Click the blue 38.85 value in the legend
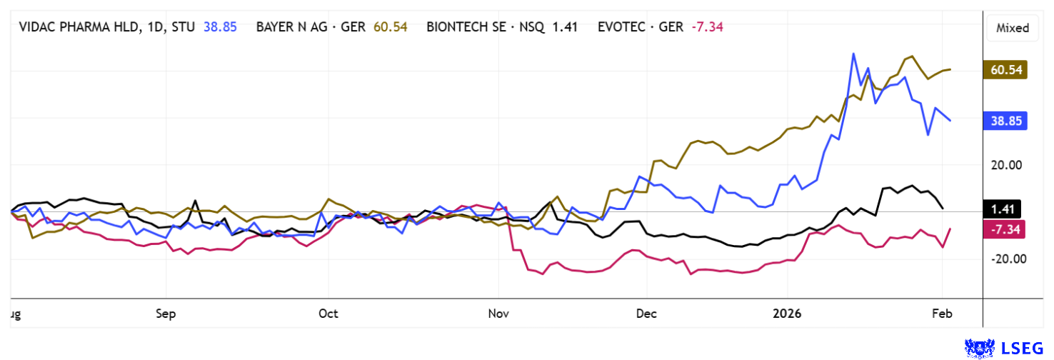[x=220, y=28]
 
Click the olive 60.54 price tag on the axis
[x=1008, y=69]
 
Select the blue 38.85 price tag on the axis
[x=1008, y=121]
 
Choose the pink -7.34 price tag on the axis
[x=1006, y=229]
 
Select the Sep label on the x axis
[x=166, y=314]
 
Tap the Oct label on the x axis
[x=328, y=314]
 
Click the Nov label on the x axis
[x=499, y=314]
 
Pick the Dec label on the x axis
[x=646, y=314]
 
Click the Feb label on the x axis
[x=942, y=314]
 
